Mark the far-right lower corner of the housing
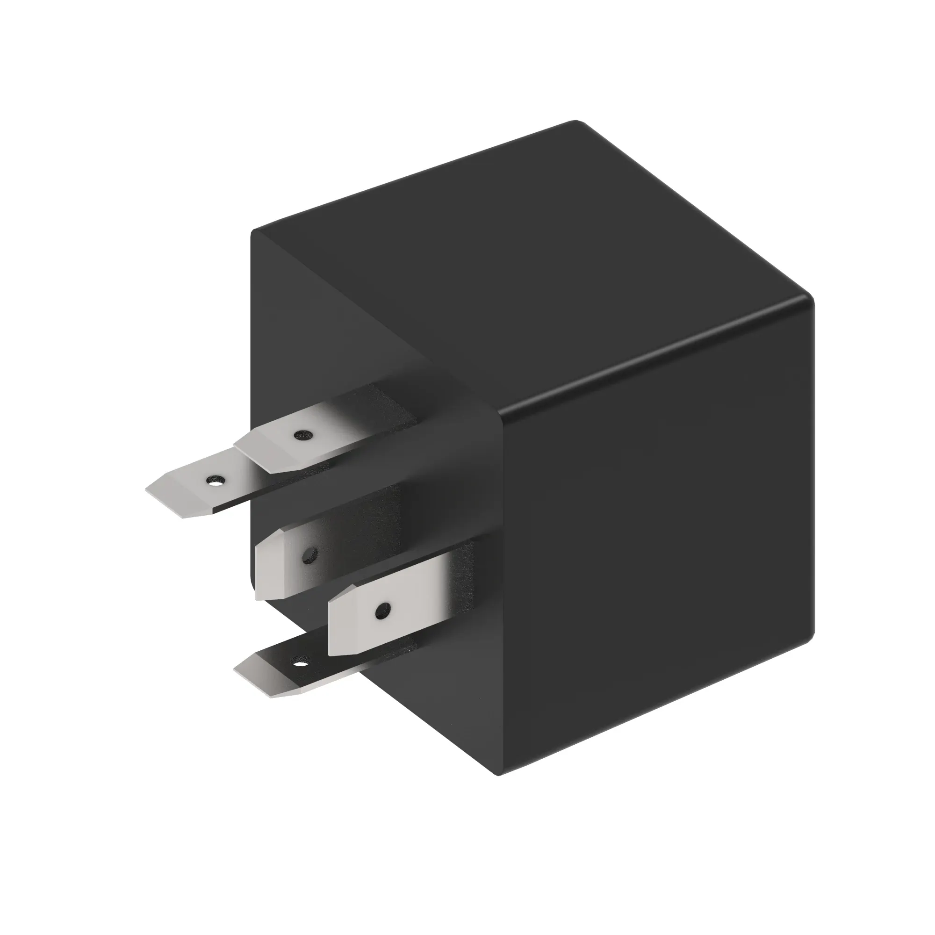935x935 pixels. coord(813,634)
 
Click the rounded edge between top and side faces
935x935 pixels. coord(654,358)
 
